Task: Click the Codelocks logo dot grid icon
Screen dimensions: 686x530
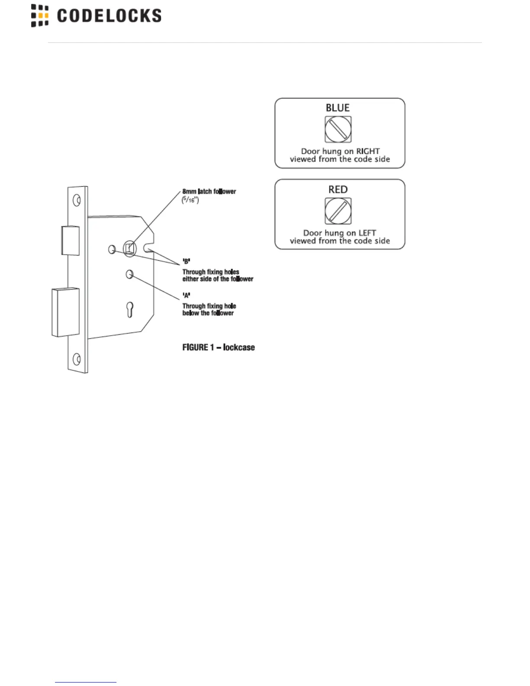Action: click(40, 16)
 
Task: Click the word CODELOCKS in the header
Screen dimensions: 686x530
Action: click(109, 16)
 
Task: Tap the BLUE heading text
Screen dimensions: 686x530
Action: click(338, 107)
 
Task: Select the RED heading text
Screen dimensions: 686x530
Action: click(338, 189)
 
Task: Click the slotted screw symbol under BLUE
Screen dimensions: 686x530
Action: click(338, 129)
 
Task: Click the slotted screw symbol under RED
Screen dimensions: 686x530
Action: click(338, 211)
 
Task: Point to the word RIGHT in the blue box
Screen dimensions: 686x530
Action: click(368, 151)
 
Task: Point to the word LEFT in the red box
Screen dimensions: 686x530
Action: click(367, 233)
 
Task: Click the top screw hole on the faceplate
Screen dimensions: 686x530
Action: click(77, 200)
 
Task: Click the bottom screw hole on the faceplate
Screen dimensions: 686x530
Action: click(77, 359)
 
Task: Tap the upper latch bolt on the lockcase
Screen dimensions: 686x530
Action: click(71, 240)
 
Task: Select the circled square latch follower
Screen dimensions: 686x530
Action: click(129, 249)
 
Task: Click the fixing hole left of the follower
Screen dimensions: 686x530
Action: click(112, 249)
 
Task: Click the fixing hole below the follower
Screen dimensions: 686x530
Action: click(129, 274)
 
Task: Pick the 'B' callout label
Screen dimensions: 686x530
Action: click(186, 261)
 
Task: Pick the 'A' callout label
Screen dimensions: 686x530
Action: click(186, 295)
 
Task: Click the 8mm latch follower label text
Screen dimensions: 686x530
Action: click(209, 191)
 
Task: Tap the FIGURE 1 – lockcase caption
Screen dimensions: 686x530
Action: click(218, 347)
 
